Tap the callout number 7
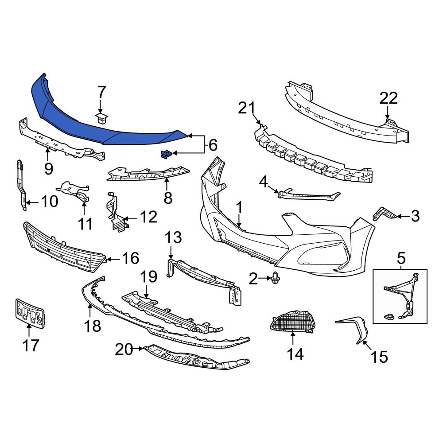pos(101,93)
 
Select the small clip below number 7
pos(102,118)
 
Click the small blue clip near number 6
pos(165,154)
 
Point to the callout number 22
pos(388,99)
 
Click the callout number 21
pos(247,108)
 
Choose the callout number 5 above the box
pos(401,257)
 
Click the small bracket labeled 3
pos(383,214)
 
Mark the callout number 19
pos(149,277)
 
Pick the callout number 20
pos(124,350)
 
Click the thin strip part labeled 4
pos(310,195)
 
